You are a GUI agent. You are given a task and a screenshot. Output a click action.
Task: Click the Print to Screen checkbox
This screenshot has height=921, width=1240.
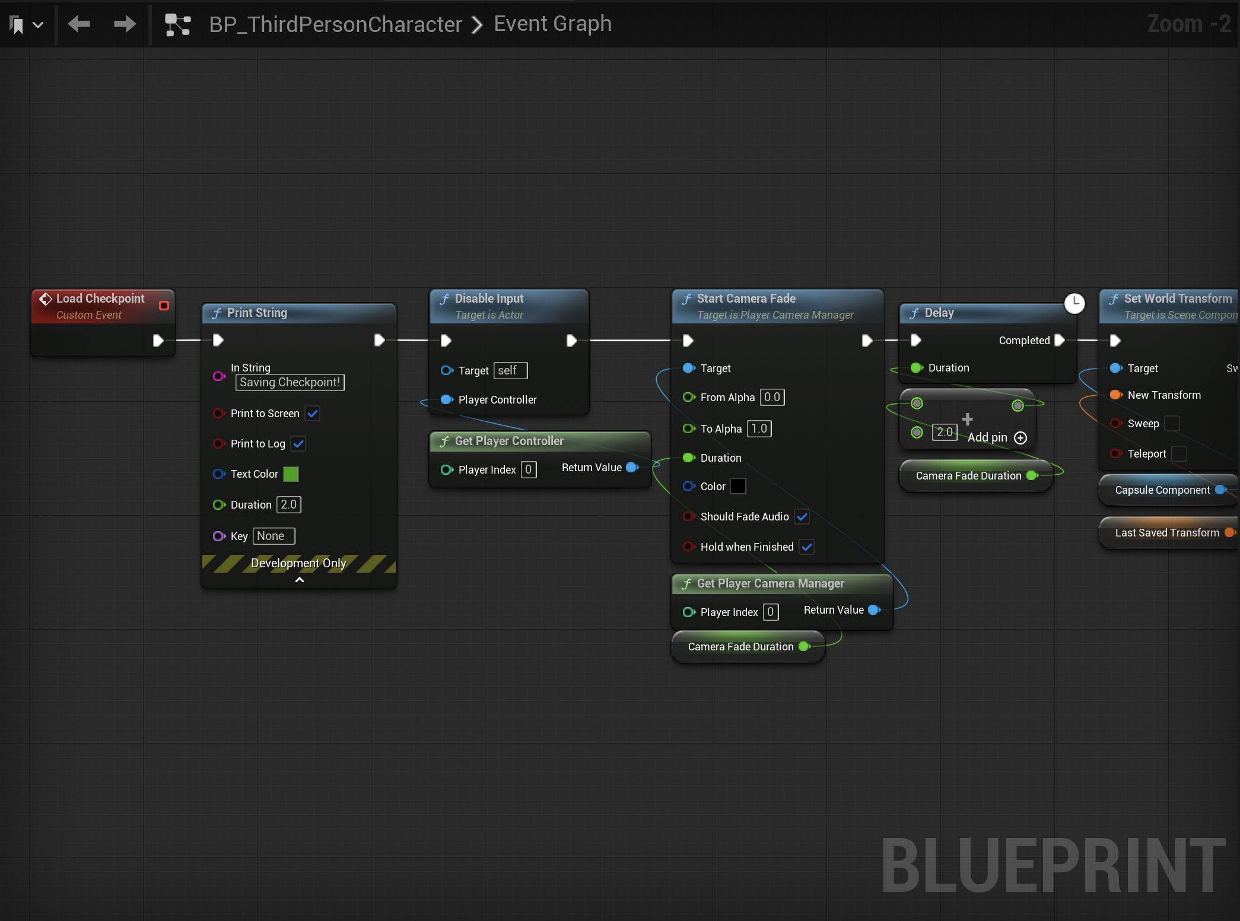coord(313,413)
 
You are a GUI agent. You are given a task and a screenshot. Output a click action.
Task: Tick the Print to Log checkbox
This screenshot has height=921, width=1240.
coord(298,443)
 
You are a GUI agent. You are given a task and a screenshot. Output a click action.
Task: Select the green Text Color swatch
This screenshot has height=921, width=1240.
coord(291,474)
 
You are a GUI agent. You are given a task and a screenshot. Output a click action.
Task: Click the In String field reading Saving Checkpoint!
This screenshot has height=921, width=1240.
coord(290,382)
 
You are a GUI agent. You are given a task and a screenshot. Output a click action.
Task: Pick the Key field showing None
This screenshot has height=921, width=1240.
coord(274,536)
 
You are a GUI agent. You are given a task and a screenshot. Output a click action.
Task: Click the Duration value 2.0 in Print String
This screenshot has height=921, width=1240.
coord(289,504)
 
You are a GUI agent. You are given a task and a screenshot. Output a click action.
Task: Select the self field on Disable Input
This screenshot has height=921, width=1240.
coord(510,370)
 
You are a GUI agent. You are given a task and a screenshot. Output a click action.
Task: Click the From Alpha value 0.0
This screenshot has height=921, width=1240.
coord(772,397)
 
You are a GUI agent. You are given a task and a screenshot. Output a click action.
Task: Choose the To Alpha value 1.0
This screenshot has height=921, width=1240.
coord(759,428)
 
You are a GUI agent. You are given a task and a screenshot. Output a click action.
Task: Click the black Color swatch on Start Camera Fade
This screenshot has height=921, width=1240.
coord(738,486)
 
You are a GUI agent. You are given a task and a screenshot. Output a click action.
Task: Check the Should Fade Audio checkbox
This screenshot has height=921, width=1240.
coord(802,516)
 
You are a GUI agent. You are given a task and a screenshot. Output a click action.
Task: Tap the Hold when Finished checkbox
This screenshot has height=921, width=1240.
coord(807,547)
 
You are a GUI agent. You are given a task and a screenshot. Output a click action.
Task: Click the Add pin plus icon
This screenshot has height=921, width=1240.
coord(1020,438)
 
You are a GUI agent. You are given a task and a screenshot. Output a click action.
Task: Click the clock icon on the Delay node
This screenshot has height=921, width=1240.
coord(1074,303)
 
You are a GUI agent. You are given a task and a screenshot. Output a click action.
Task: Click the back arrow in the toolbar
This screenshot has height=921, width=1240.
coord(80,24)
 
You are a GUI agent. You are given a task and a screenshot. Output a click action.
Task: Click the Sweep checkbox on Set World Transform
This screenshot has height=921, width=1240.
coord(1172,423)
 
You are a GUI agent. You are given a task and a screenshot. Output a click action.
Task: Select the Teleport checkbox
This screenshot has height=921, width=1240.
coord(1179,453)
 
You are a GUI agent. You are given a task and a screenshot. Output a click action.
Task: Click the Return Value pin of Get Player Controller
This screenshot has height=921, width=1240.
coord(632,468)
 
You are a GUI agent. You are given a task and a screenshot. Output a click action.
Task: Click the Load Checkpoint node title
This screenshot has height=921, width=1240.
coord(100,298)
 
